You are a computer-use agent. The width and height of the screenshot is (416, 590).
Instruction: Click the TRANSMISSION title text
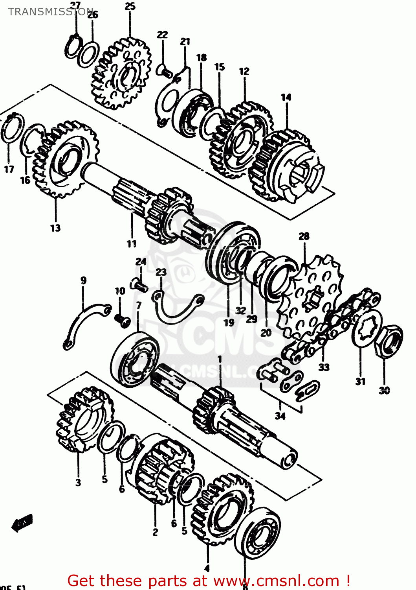[x=50, y=12]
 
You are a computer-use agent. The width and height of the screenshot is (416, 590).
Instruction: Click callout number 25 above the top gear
[x=130, y=7]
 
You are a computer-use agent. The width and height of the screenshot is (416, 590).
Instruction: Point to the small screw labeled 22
[x=164, y=71]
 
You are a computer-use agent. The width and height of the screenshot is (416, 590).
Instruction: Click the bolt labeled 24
[x=139, y=284]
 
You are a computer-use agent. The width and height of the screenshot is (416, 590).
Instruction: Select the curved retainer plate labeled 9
[x=84, y=323]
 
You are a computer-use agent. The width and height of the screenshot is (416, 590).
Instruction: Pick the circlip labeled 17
[x=12, y=128]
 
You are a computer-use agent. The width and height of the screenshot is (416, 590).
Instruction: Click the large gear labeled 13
[x=65, y=159]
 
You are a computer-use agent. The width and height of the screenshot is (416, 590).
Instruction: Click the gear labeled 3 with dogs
[x=84, y=419]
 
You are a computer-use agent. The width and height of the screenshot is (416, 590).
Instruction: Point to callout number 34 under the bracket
[x=280, y=416]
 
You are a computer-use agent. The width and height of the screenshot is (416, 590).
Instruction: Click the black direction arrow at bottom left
[x=22, y=523]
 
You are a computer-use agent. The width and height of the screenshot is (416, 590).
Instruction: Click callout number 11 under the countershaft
[x=132, y=244]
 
